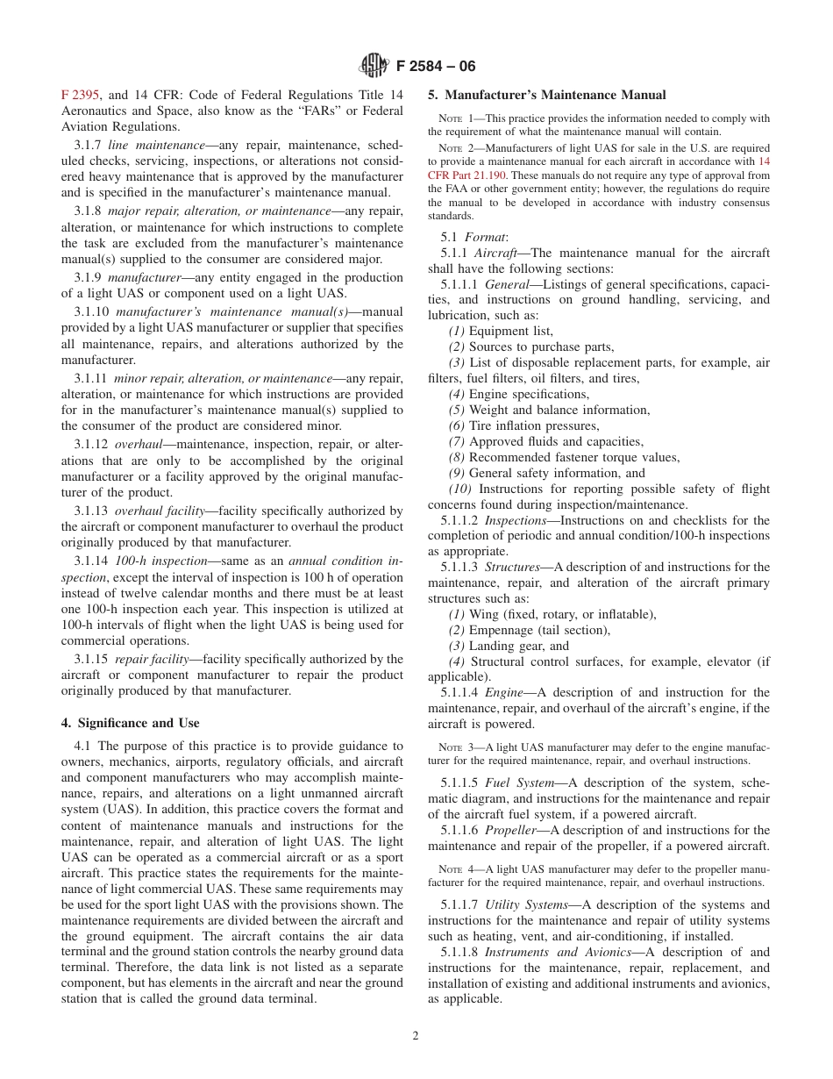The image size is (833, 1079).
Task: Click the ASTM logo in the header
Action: click(x=374, y=65)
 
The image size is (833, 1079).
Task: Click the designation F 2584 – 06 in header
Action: click(x=434, y=65)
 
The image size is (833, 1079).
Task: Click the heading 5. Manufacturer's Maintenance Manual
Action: click(x=546, y=96)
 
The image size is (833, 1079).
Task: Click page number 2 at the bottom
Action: click(x=416, y=1035)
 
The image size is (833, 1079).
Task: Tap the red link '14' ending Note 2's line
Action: click(x=763, y=161)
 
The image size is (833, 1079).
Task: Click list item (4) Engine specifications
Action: click(x=517, y=394)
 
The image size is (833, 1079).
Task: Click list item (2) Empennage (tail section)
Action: click(x=529, y=630)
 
